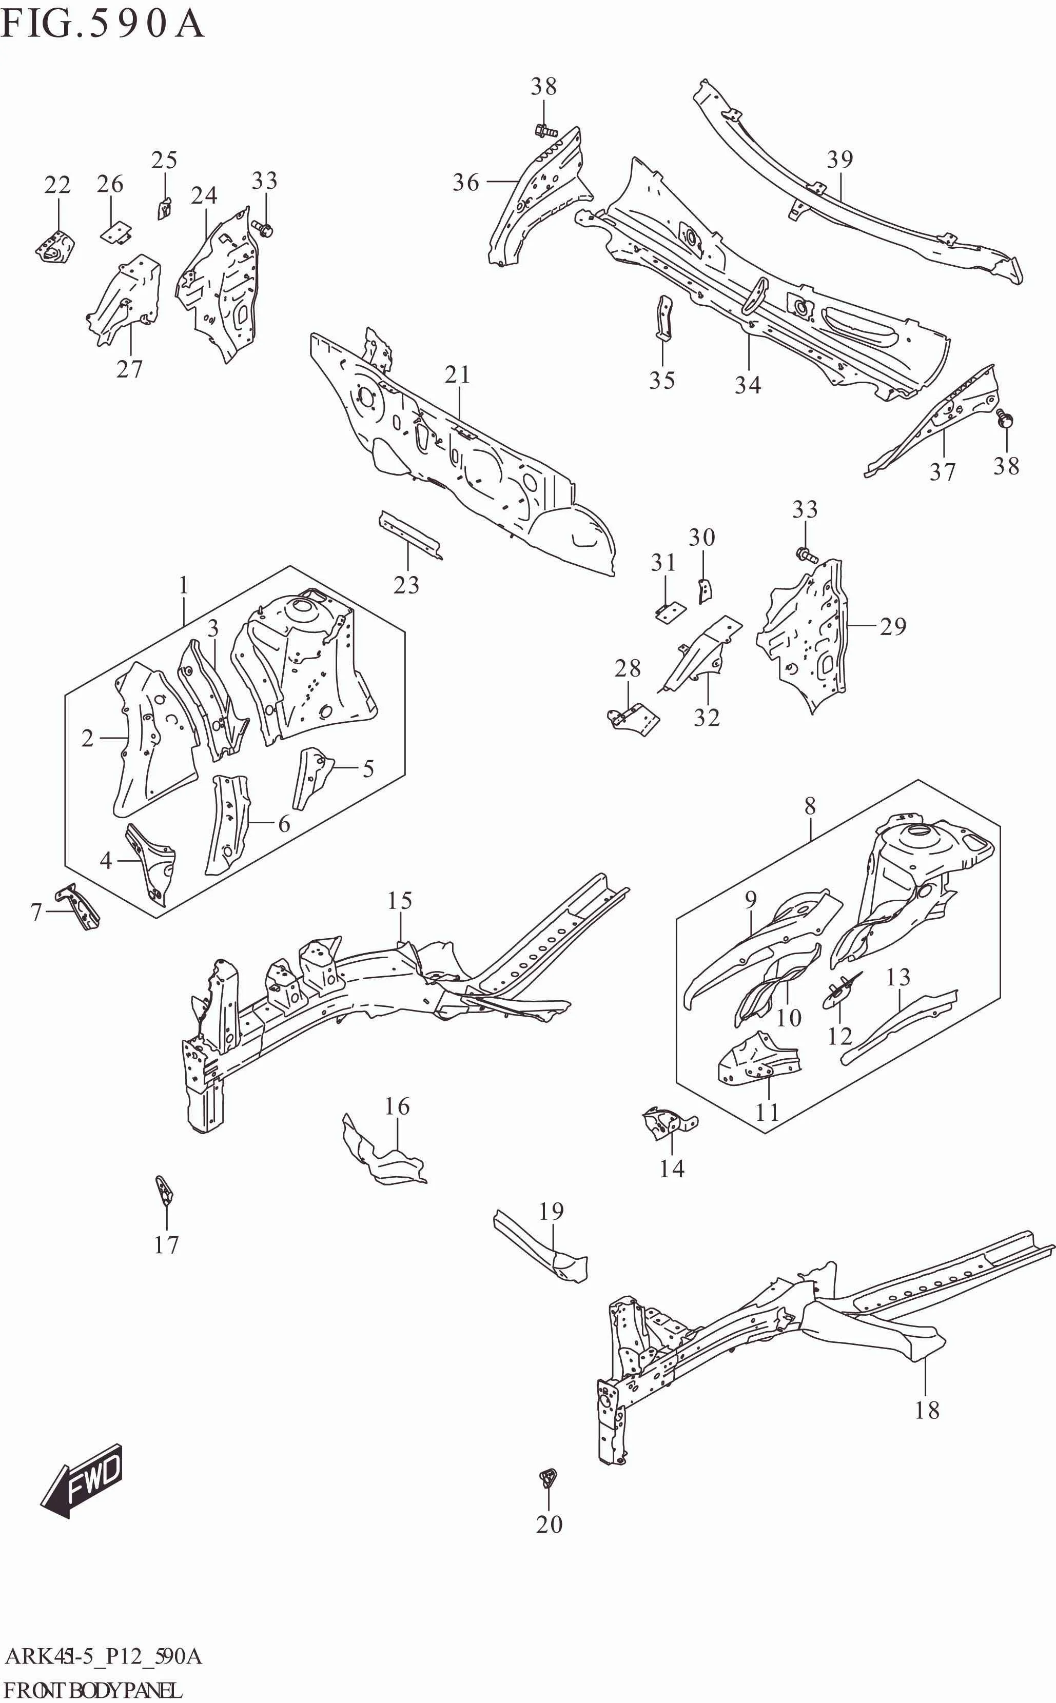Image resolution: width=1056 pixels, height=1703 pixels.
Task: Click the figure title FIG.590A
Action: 103,25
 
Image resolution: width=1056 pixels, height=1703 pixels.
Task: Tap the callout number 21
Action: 458,375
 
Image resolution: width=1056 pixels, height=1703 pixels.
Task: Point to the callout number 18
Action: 927,1410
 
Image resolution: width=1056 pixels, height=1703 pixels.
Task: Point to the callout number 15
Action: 400,900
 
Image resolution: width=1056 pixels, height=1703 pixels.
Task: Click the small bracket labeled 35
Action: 663,318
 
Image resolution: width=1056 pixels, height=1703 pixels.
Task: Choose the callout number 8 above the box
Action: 810,806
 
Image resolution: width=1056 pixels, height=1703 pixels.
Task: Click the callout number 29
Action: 893,626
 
